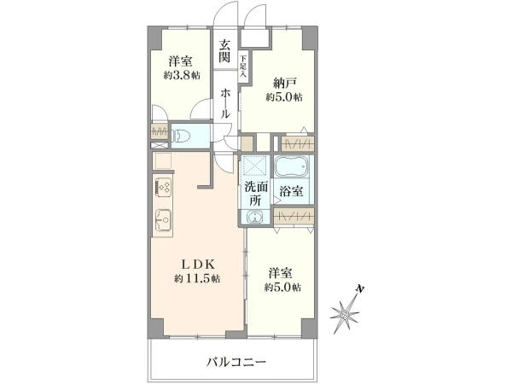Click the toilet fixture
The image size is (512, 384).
point(181,136)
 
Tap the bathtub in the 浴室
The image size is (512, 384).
point(292,167)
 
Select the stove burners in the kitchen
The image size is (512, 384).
point(163,188)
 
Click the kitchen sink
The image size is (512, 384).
point(163,219)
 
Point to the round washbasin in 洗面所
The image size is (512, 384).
point(255,217)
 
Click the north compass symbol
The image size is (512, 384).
point(346,311)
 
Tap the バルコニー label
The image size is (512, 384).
point(236,362)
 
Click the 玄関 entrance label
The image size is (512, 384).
point(224,50)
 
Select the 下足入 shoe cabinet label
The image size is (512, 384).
point(243,67)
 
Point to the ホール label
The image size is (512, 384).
point(225,103)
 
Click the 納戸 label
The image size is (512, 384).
point(284,84)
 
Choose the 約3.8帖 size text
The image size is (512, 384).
point(182,75)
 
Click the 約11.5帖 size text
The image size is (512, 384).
point(197,278)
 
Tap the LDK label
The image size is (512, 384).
point(198,264)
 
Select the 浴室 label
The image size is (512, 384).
point(291,191)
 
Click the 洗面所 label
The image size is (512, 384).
point(256,194)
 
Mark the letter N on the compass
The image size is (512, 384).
point(360,288)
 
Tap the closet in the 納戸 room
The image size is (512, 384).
point(298,143)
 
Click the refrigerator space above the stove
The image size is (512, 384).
point(162,160)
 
